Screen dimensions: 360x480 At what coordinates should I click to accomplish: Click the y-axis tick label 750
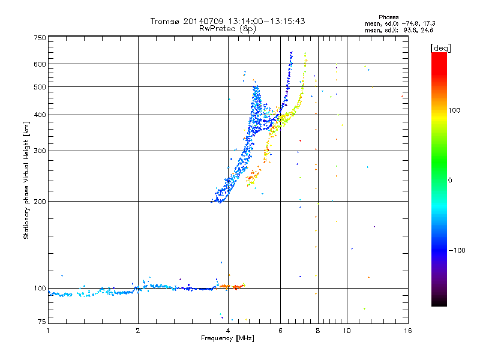tap(40, 38)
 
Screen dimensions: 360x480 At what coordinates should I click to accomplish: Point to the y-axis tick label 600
tap(40, 64)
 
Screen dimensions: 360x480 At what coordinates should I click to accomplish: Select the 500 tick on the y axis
tap(40, 87)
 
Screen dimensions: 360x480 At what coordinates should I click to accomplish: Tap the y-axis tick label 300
tap(40, 151)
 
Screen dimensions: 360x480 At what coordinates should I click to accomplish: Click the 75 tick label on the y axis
tap(41, 323)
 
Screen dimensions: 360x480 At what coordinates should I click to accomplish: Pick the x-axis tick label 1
tap(48, 330)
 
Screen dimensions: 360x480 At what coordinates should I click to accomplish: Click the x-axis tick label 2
tap(138, 330)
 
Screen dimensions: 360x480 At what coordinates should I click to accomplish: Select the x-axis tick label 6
tap(280, 330)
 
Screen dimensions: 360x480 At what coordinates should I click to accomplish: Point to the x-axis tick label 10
tap(346, 330)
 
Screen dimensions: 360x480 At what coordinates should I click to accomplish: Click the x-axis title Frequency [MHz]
tap(227, 338)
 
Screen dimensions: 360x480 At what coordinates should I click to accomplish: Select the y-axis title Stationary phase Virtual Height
tap(26, 180)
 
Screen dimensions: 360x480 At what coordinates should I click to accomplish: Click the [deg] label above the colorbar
tap(440, 48)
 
